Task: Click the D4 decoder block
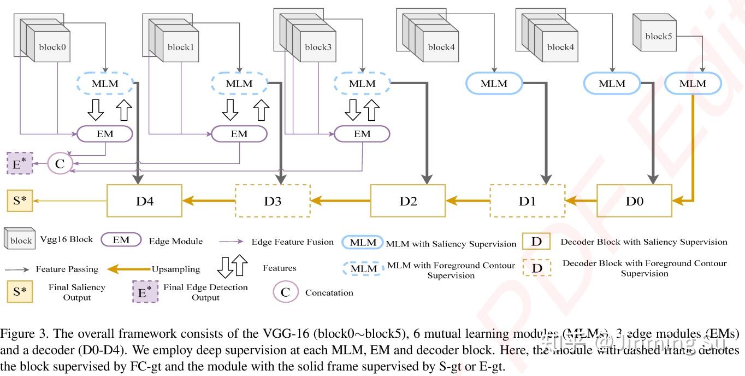pos(145,201)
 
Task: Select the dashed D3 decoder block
pos(273,201)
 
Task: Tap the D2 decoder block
pos(408,201)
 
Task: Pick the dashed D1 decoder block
pos(527,201)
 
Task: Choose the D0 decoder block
pos(634,201)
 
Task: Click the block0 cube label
pos(52,47)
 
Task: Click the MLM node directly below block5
pos(693,84)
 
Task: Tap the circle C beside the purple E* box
pos(60,163)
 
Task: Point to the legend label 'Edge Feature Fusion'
pos(292,242)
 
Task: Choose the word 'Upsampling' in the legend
pos(176,269)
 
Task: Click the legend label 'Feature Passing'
pos(67,269)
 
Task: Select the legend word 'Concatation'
pos(329,292)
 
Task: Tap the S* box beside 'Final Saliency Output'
pos(20,291)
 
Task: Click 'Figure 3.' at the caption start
pos(20,334)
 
